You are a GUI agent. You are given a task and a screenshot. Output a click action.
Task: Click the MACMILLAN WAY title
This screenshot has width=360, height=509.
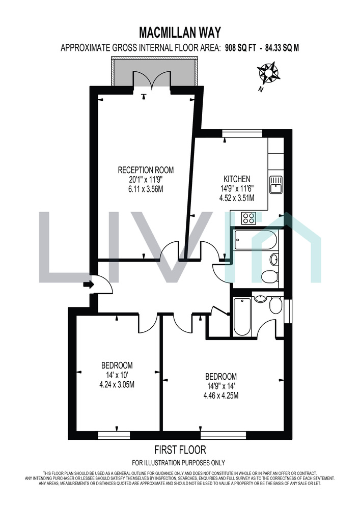(180, 33)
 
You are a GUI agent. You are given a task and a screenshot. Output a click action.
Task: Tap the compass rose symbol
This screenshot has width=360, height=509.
(268, 73)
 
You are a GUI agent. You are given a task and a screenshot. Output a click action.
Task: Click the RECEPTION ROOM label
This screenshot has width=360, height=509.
(146, 170)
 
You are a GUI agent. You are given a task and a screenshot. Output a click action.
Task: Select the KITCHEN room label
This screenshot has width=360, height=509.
(237, 179)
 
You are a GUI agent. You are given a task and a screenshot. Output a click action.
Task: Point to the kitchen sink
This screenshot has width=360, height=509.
(276, 185)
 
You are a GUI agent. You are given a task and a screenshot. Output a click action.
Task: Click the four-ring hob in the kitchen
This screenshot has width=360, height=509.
(249, 218)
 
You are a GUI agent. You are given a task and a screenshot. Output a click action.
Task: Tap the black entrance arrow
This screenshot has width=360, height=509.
(89, 285)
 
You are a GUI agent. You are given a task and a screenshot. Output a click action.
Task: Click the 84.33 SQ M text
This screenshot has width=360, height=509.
(282, 48)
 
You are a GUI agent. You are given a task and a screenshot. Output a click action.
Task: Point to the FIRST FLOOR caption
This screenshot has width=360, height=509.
(180, 450)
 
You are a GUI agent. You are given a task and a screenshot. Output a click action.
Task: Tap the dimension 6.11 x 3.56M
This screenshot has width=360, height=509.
(146, 189)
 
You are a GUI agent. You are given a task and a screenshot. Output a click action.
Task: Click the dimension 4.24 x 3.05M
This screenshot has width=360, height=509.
(117, 385)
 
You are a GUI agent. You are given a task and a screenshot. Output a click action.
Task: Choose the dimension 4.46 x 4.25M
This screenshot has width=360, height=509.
(221, 395)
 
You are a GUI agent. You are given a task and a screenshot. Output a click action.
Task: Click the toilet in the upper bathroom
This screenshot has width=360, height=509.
(270, 277)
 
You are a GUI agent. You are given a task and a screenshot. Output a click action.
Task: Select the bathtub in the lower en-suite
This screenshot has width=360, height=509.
(242, 317)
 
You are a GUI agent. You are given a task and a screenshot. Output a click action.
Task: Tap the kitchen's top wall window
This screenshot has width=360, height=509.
(242, 133)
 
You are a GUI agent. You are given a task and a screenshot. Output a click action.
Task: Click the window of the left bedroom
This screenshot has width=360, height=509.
(114, 435)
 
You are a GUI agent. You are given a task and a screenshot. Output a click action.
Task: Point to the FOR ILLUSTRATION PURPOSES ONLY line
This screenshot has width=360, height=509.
(179, 463)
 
